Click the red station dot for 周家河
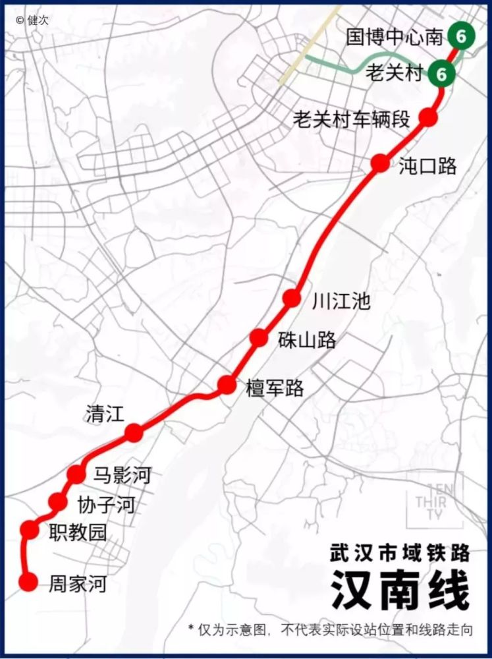28,582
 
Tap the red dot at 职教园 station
30,529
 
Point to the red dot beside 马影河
76,473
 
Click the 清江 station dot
134,432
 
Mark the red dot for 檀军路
227,385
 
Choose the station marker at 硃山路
259,337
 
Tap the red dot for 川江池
292,298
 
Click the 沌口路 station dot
380,163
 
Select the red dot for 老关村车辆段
428,117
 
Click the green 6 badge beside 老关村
441,73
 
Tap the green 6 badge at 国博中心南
460,36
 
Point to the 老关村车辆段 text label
352,119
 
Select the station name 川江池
341,302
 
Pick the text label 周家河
77,585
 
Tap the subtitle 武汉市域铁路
400,552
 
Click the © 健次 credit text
33,20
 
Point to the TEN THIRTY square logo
434,501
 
